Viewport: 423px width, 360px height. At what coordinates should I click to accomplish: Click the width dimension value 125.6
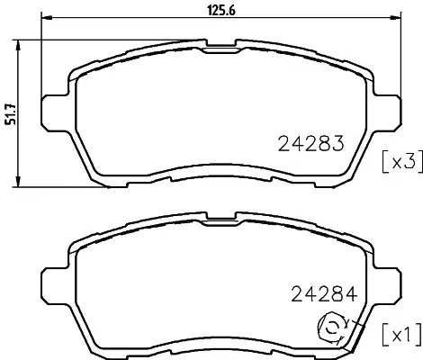click(221, 11)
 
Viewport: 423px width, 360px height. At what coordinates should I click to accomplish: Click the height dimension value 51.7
click(12, 113)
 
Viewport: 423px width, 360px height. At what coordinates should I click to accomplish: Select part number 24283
click(310, 144)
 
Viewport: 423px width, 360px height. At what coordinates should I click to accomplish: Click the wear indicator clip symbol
click(331, 329)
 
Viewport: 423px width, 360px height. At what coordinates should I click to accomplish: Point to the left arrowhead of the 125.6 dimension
click(47, 17)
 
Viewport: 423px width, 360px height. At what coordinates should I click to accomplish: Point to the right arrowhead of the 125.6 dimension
click(395, 17)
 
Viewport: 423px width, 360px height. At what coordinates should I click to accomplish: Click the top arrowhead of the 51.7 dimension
click(18, 46)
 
